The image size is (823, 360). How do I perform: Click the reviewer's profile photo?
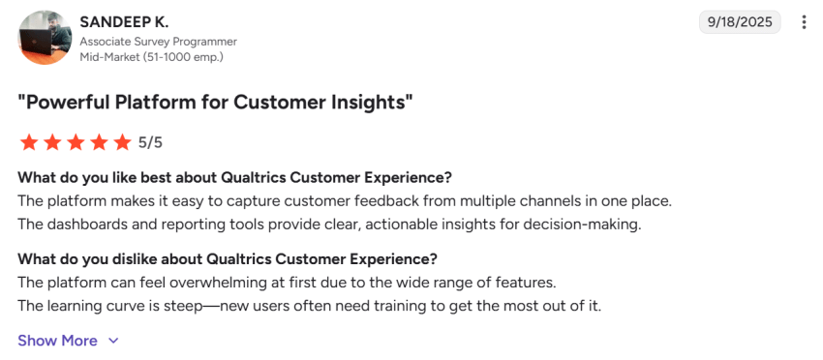(x=45, y=38)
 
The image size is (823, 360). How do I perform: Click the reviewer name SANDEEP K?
(x=123, y=21)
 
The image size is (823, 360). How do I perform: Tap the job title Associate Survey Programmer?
(x=158, y=42)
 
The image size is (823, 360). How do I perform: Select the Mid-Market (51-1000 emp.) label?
(x=151, y=57)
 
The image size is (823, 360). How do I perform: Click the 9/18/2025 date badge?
(x=740, y=22)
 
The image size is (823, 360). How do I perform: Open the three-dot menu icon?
(x=804, y=22)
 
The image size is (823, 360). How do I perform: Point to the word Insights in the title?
(x=371, y=103)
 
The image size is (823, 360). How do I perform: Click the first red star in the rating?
(x=28, y=143)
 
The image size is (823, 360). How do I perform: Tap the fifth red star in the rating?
(x=122, y=143)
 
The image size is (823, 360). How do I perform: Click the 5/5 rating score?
(x=150, y=143)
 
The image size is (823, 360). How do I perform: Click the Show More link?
(x=57, y=341)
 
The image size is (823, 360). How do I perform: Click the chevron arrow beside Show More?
(x=113, y=341)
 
